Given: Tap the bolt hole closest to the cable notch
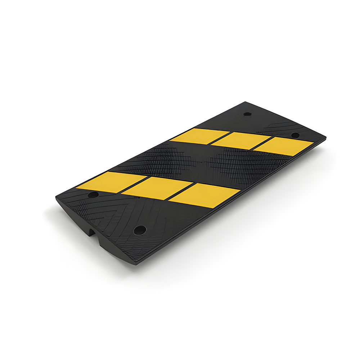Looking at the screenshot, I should (x=140, y=230).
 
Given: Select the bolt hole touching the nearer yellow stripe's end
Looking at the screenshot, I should (x=93, y=195).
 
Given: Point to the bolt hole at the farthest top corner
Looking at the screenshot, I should (x=247, y=114).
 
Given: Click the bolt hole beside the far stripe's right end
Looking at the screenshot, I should (x=295, y=135).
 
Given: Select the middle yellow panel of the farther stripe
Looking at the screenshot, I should (x=240, y=140).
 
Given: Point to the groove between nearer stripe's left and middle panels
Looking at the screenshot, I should (x=134, y=184).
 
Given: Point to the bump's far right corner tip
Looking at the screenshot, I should (x=325, y=138).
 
